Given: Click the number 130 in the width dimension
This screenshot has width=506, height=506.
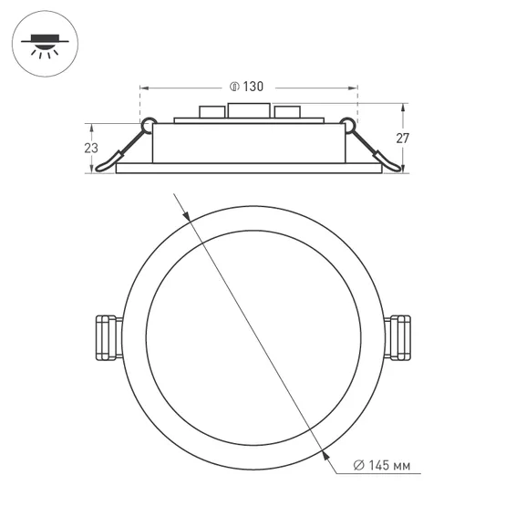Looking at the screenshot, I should (253, 88).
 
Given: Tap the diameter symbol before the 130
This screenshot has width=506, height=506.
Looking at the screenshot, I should (234, 88).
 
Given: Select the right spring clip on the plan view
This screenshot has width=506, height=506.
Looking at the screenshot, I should (399, 337).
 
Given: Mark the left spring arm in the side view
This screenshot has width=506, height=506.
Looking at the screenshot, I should (124, 148).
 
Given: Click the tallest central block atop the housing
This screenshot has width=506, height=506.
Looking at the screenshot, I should (249, 113).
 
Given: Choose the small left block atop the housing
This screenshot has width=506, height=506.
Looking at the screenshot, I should (211, 114).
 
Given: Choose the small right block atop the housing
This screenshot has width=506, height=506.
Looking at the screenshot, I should (287, 114).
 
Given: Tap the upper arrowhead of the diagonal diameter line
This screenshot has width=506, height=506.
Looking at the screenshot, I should (186, 217).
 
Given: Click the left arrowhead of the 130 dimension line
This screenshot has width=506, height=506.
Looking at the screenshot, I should (144, 88).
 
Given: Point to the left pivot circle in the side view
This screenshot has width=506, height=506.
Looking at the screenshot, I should (146, 122).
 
